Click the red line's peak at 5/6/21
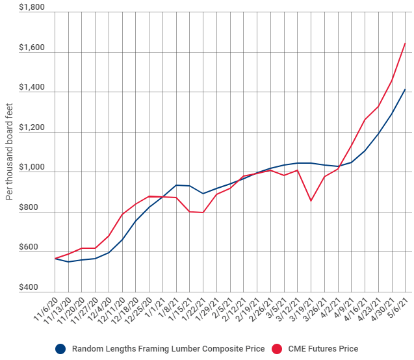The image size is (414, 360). (x=406, y=43)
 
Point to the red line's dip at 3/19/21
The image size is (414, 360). (x=311, y=201)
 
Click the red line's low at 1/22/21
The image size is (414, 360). (x=203, y=212)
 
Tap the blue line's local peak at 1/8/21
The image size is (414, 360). (x=176, y=185)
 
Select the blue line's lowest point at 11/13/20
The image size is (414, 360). (x=68, y=262)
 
